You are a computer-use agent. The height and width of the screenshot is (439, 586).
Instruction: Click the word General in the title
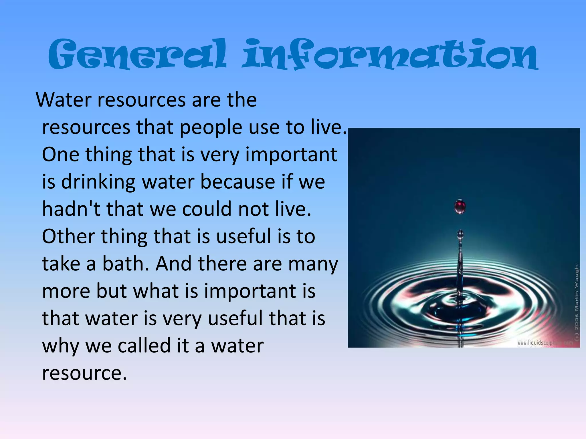click(x=137, y=54)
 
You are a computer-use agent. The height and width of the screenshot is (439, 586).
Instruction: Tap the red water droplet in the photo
click(x=460, y=206)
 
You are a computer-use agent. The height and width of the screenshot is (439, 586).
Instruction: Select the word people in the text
click(x=211, y=127)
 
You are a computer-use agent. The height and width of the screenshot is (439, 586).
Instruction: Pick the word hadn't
click(x=71, y=209)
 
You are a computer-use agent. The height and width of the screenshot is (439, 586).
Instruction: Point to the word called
click(x=145, y=346)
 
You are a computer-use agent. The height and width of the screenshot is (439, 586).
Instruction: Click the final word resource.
click(x=84, y=373)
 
